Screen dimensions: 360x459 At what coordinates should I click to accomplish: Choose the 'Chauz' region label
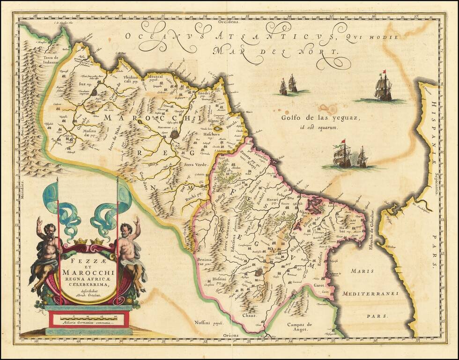248,315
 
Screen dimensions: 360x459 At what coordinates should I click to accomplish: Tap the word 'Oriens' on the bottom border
230,336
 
